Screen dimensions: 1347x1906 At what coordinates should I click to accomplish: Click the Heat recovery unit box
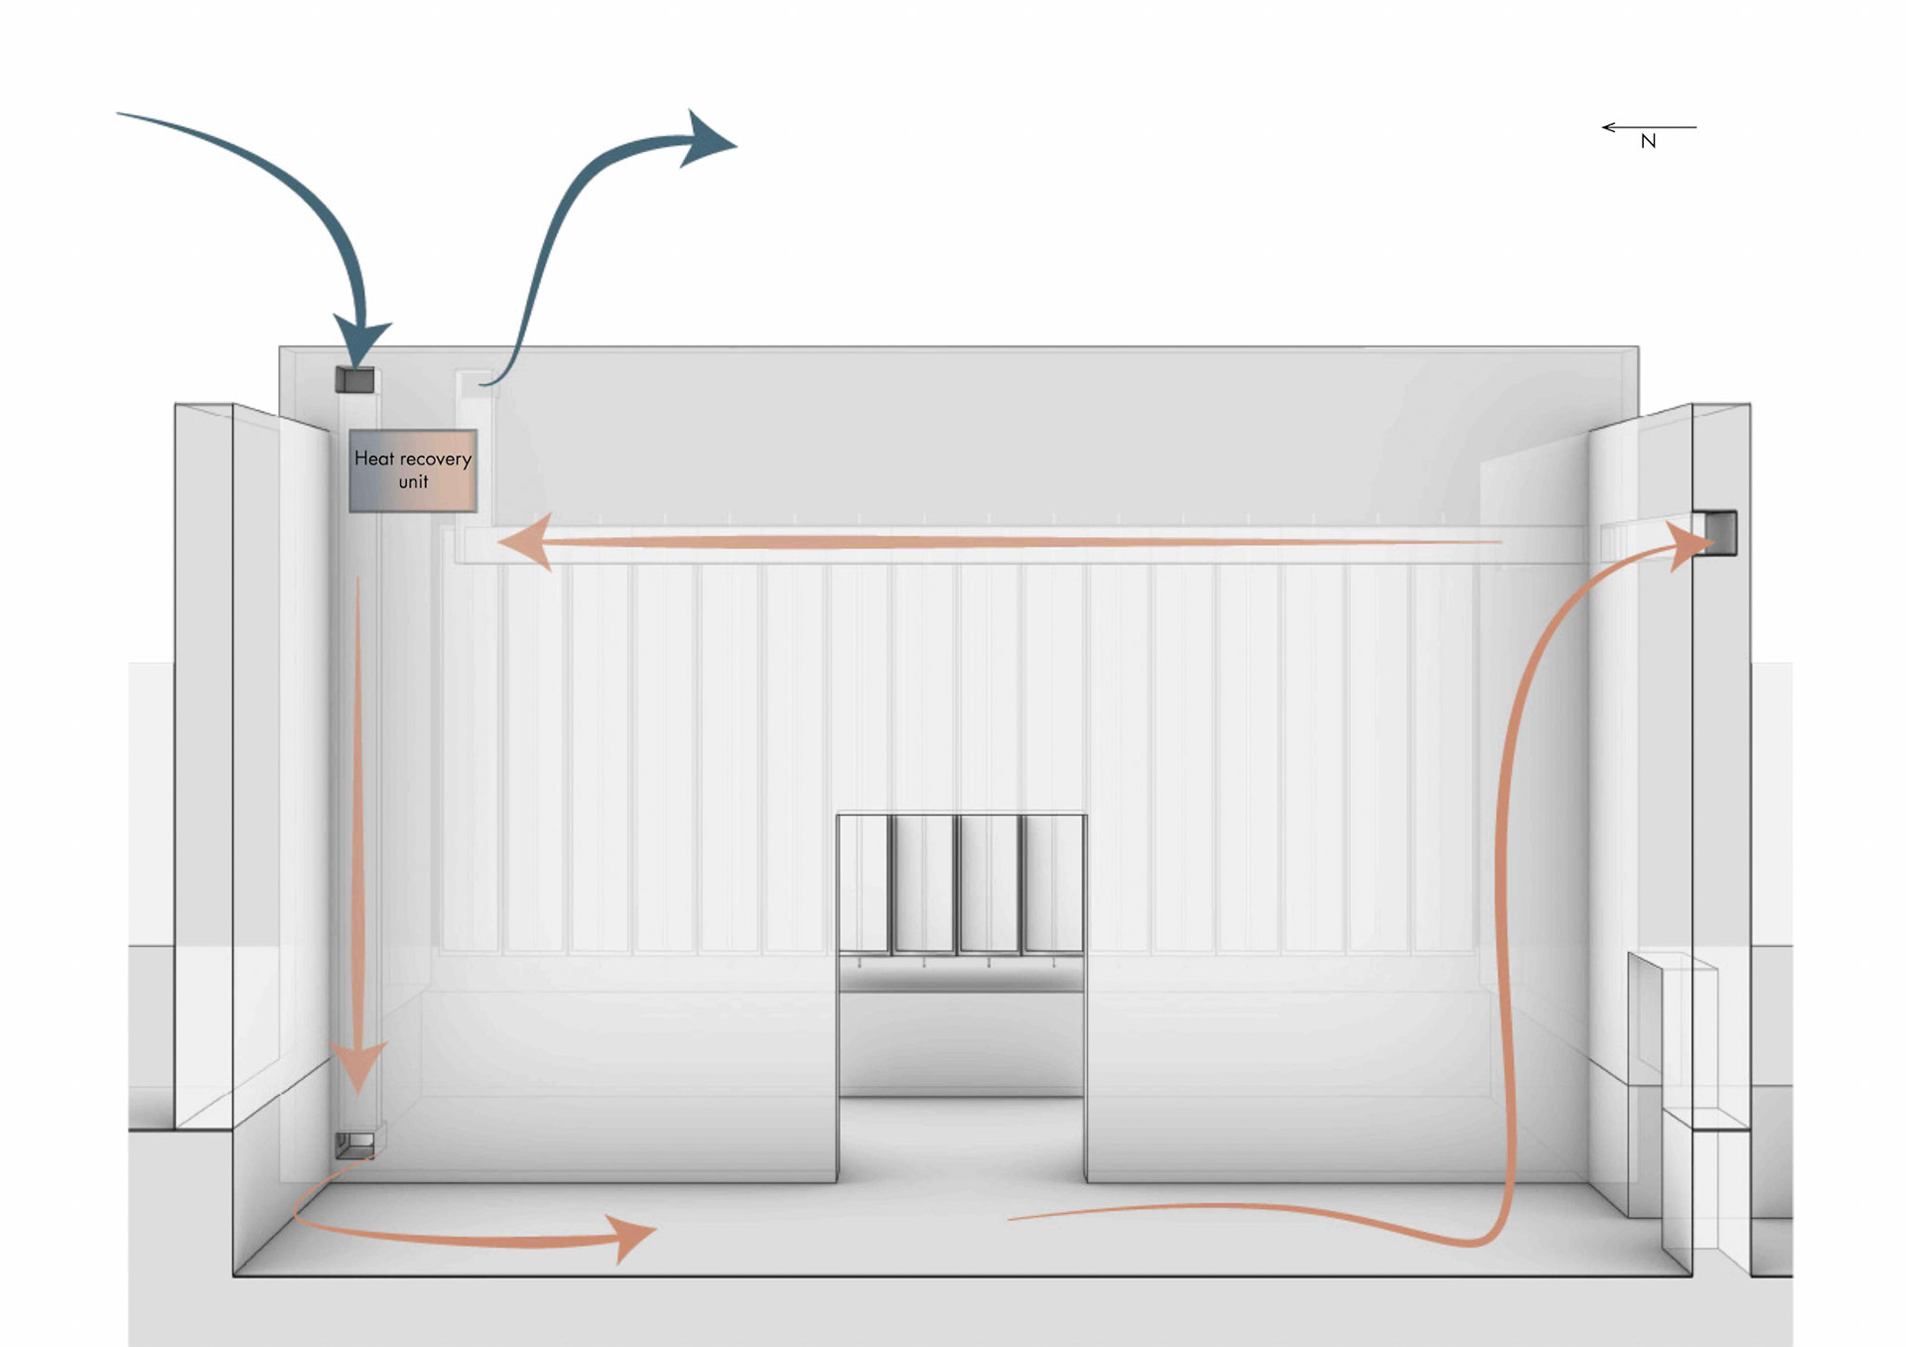tap(413, 471)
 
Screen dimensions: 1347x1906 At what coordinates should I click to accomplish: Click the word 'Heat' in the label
tap(373, 459)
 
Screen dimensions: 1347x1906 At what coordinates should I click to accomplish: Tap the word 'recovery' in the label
tap(435, 460)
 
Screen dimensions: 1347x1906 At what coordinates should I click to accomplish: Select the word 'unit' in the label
tap(413, 482)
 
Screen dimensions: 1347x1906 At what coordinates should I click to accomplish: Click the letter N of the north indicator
tap(1648, 142)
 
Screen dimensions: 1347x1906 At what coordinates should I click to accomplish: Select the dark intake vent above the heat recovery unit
tap(354, 380)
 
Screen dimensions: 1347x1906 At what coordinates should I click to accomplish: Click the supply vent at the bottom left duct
tap(354, 1145)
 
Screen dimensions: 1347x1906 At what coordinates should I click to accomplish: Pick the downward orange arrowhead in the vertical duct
tap(357, 1067)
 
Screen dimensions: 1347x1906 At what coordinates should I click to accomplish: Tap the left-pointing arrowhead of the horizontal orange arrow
tap(526, 542)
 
